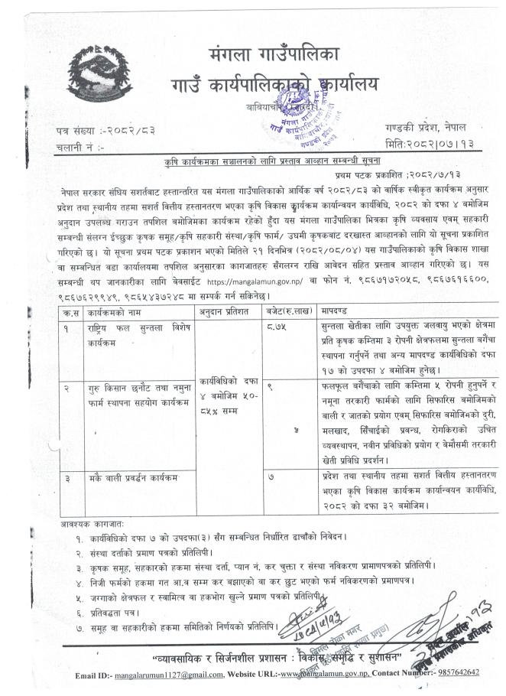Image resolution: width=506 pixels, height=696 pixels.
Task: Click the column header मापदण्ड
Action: click(340, 292)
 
